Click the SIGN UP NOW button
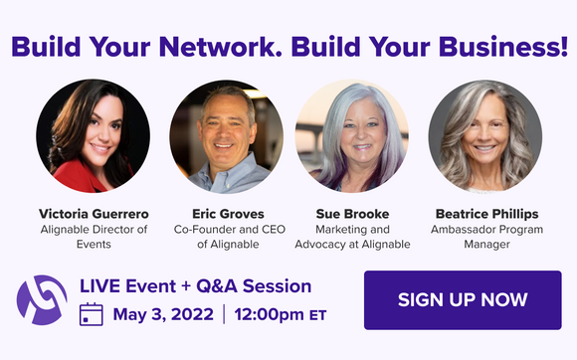pyautogui.click(x=463, y=299)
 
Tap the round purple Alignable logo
pyautogui.click(x=42, y=300)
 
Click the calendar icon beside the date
pyautogui.click(x=92, y=315)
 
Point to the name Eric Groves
pyautogui.click(x=228, y=213)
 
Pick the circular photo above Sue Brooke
pyautogui.click(x=353, y=136)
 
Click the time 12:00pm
pyautogui.click(x=272, y=315)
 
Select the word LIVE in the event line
pyautogui.click(x=99, y=286)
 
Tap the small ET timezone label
pyautogui.click(x=318, y=317)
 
